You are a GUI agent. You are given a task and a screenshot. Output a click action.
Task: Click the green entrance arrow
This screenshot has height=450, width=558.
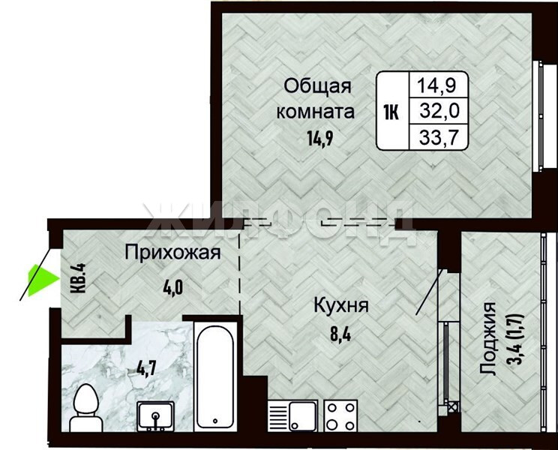[x=41, y=280]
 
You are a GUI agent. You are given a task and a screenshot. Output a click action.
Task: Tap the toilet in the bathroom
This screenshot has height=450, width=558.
[x=85, y=408]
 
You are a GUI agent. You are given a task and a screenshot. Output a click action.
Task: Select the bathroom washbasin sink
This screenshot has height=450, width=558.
[x=156, y=415]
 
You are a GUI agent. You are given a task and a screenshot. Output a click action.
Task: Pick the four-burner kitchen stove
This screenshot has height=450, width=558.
[x=340, y=415]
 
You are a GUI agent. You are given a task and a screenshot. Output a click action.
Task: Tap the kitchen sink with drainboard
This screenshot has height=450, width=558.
[x=292, y=415]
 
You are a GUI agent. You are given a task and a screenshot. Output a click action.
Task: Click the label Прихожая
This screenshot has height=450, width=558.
[x=173, y=253]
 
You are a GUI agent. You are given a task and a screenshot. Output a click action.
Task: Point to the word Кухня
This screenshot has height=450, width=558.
[x=341, y=305]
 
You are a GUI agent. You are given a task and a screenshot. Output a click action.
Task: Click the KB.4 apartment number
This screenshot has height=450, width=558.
[x=78, y=278]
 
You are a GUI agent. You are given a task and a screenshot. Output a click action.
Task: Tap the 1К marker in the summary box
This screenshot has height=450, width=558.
[x=391, y=113]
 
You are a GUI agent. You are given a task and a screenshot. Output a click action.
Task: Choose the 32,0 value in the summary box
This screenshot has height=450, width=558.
[x=439, y=110]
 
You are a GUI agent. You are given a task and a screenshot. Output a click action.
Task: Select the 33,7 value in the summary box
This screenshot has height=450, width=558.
[x=439, y=137]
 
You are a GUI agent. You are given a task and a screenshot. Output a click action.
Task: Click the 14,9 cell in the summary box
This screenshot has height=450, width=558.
[x=436, y=85]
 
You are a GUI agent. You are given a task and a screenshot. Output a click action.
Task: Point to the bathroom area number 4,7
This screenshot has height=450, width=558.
[x=146, y=368]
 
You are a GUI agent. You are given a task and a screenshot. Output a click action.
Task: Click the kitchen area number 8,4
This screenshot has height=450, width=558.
[x=340, y=334]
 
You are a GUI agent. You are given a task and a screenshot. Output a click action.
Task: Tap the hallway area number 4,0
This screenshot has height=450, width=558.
[x=173, y=288]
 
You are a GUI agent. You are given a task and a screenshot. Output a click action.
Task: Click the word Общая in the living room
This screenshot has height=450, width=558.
[x=318, y=86]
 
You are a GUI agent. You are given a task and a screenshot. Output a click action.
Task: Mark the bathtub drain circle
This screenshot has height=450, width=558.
[x=215, y=421]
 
